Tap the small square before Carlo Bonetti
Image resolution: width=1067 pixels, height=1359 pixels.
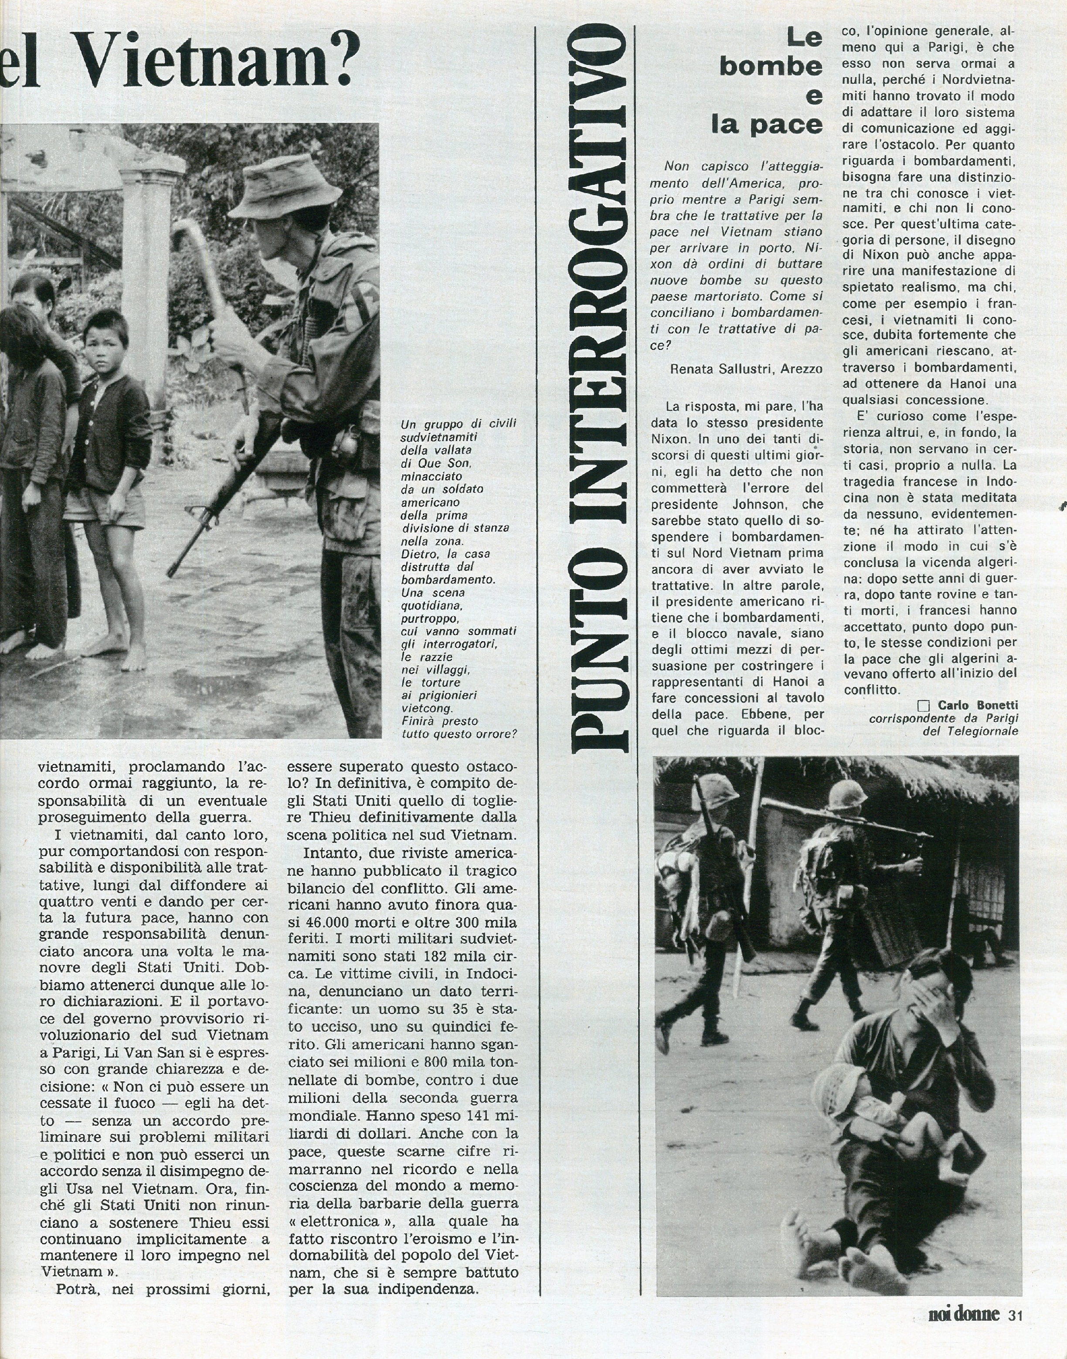point(923,707)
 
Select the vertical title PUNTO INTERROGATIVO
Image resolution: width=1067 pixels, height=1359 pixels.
point(601,387)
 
